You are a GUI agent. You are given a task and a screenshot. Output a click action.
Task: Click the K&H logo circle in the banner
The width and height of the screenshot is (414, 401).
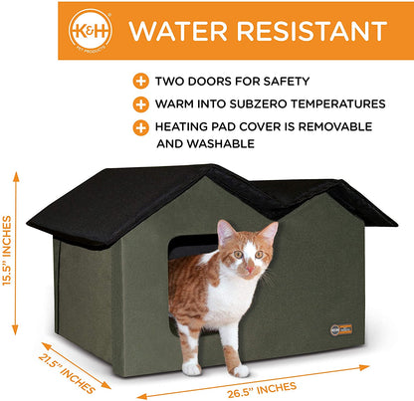(x=92, y=31)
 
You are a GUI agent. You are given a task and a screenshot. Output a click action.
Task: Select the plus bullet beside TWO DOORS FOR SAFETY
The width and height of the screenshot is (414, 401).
(x=138, y=81)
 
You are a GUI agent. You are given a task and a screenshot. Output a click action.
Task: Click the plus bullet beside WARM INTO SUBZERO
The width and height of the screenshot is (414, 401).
(x=138, y=103)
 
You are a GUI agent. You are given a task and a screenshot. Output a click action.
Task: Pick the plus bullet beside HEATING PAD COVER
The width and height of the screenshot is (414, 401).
(x=138, y=126)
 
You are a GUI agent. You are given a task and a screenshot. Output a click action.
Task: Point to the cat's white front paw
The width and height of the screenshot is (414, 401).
(x=242, y=369)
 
